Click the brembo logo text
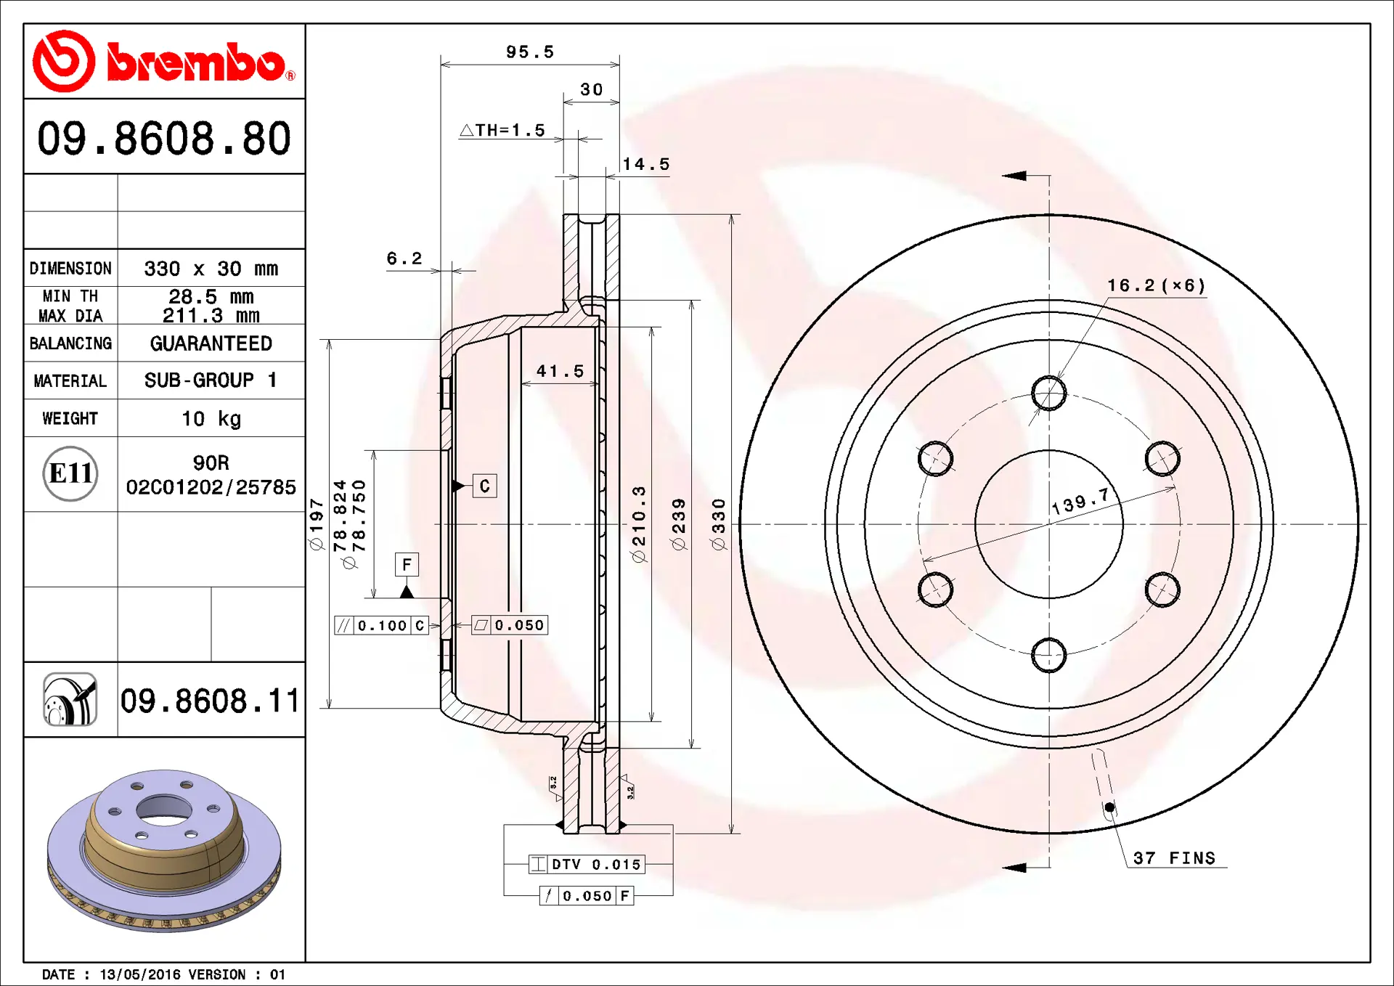(x=196, y=62)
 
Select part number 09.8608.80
(x=164, y=138)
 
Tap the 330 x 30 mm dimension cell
(x=211, y=269)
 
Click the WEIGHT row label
(x=70, y=418)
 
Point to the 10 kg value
(x=211, y=419)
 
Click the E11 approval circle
(x=70, y=473)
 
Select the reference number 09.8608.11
(x=210, y=701)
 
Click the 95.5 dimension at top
(x=529, y=52)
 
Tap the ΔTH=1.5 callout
(x=502, y=130)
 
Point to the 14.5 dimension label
(x=645, y=164)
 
